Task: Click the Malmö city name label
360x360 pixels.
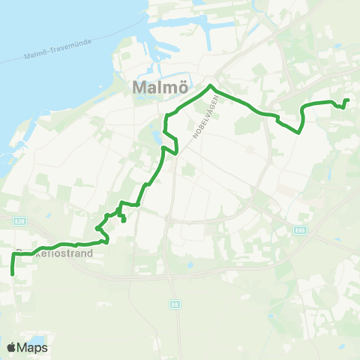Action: (x=159, y=88)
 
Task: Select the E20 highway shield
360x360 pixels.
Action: (x=20, y=220)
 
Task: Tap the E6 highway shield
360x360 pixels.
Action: (x=175, y=304)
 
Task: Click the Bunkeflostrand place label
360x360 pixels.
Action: (x=56, y=253)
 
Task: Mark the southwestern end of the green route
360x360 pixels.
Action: (x=13, y=274)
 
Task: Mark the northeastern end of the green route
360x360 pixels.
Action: (x=347, y=100)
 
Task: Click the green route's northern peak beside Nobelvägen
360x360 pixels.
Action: (x=212, y=88)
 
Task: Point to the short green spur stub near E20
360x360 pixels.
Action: (x=123, y=220)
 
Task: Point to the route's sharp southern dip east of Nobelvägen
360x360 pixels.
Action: (x=298, y=133)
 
